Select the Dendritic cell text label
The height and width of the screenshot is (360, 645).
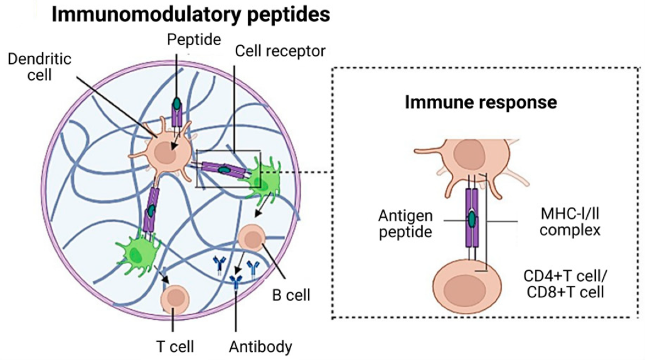coord(39,66)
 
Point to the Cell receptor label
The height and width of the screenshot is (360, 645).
coord(280,51)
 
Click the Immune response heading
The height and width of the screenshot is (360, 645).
coord(481,101)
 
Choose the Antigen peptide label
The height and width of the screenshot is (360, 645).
coord(405,225)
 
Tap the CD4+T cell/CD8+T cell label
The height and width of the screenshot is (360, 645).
coord(565,283)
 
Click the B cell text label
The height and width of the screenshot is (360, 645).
coord(292,293)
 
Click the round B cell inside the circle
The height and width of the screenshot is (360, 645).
coord(253,238)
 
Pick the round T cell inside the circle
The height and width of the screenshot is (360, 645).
coord(174,297)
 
